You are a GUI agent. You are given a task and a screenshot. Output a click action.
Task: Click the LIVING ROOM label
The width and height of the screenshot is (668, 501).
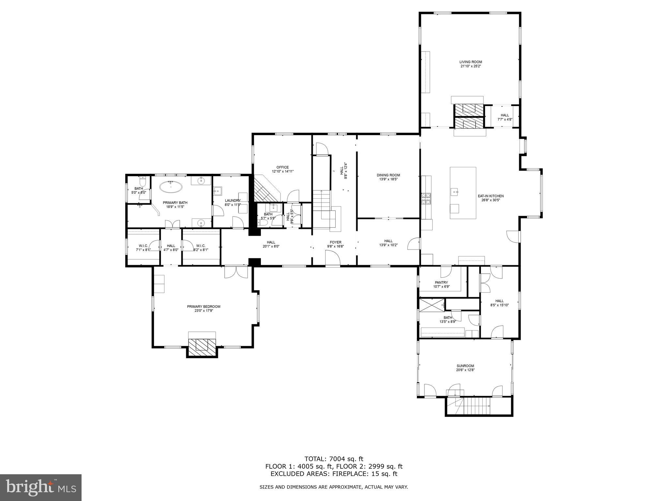pyautogui.click(x=471, y=62)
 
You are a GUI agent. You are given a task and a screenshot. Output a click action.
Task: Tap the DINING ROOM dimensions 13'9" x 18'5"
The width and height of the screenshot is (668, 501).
pyautogui.click(x=388, y=179)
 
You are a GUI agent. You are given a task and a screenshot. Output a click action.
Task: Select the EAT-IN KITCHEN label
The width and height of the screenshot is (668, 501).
pyautogui.click(x=491, y=196)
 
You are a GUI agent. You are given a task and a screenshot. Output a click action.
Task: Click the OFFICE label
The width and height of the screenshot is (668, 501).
pyautogui.click(x=282, y=167)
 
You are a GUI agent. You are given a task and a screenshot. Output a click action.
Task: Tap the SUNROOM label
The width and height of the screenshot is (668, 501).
pyautogui.click(x=465, y=366)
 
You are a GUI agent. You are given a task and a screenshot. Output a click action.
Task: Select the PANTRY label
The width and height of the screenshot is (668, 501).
pyautogui.click(x=441, y=282)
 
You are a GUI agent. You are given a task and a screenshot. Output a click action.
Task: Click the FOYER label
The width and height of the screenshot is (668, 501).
pyautogui.click(x=335, y=242)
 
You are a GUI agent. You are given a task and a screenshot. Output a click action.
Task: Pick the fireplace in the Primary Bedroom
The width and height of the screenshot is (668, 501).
pyautogui.click(x=202, y=346)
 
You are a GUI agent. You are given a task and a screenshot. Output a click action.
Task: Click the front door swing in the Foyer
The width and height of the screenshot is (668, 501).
pyautogui.click(x=333, y=260)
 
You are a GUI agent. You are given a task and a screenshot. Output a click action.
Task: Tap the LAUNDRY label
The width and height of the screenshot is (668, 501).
pyautogui.click(x=233, y=201)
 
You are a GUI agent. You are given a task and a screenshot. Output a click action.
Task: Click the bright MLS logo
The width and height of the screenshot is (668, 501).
pyautogui.click(x=41, y=488)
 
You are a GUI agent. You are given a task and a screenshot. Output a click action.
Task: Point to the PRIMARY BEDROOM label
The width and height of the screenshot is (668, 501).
pyautogui.click(x=204, y=307)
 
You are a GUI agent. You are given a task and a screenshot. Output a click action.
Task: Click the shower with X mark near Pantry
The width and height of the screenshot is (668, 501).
pyautogui.click(x=432, y=305)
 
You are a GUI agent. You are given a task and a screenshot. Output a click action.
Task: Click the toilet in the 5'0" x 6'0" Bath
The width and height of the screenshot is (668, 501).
pyautogui.click(x=142, y=181)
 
